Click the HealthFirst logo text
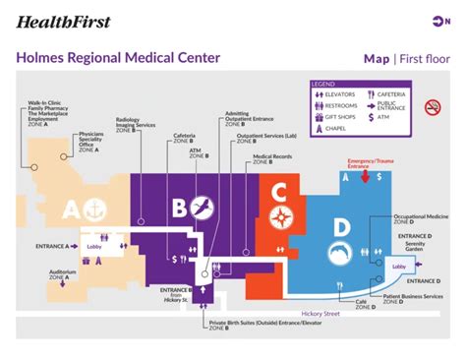64,21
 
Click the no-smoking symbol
432,106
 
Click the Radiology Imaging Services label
135,123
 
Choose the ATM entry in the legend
386,116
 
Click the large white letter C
280,191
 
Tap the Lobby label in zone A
94,246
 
